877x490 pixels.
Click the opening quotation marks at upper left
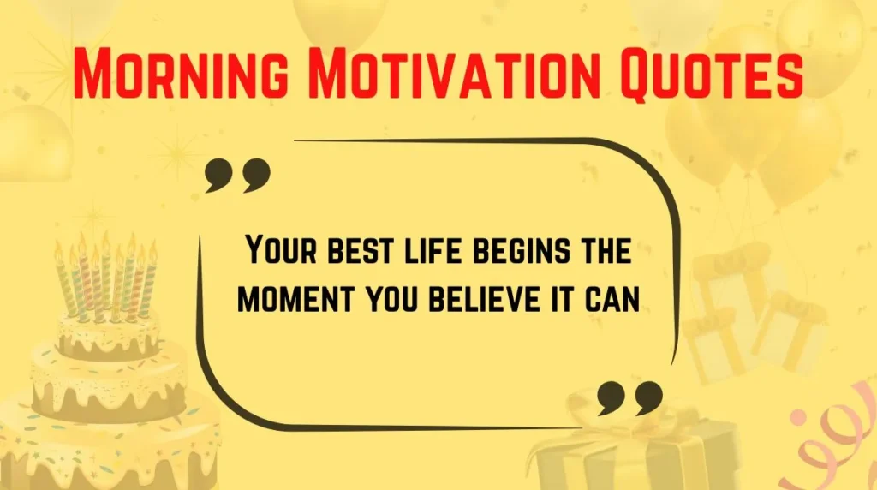pos(237,175)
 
